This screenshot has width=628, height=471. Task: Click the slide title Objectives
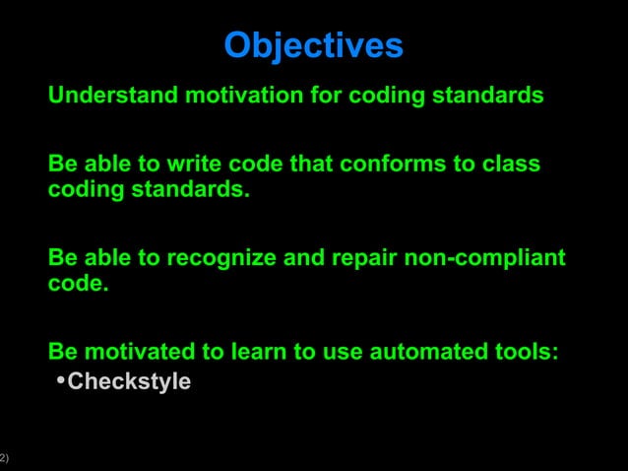[313, 45]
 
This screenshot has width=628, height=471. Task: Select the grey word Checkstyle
[129, 381]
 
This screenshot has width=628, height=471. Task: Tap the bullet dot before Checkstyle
[60, 380]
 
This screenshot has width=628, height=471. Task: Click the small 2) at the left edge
[4, 457]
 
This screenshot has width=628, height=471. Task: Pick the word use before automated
[344, 352]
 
